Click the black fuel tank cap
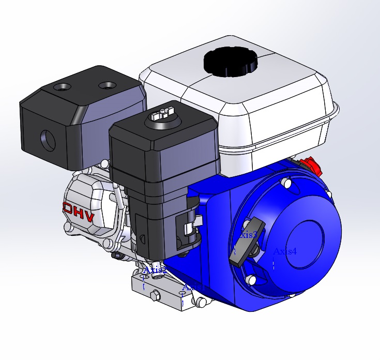coord(230,62)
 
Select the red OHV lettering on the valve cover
coord(79,212)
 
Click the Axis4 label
coord(285,252)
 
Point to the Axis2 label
coord(155,270)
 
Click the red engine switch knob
coord(311,166)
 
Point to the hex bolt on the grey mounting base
coord(154,296)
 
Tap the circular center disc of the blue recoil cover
coord(305,243)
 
